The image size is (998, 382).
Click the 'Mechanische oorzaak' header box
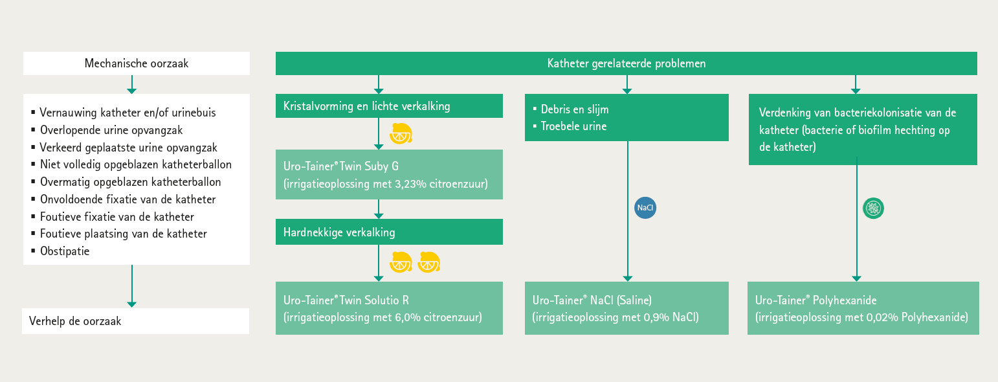(x=137, y=63)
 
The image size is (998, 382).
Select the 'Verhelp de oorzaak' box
(x=135, y=321)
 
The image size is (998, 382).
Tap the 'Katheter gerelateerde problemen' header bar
(x=627, y=63)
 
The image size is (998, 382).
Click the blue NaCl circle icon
(x=645, y=208)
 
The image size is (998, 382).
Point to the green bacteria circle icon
(x=873, y=208)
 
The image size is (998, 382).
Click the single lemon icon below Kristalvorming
(x=401, y=133)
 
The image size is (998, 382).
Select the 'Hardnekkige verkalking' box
(x=389, y=232)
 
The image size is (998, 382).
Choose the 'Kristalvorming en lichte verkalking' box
(x=389, y=106)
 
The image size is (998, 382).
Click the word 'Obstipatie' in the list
(x=65, y=251)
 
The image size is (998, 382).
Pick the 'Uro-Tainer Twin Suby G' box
(x=389, y=174)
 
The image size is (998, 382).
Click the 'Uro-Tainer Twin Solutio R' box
(x=389, y=308)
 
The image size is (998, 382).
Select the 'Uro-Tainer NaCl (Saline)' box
(x=627, y=308)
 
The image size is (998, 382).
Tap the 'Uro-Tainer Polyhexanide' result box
(x=863, y=308)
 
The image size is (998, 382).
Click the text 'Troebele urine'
(x=574, y=126)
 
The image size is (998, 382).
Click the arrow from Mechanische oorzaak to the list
(x=131, y=84)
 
